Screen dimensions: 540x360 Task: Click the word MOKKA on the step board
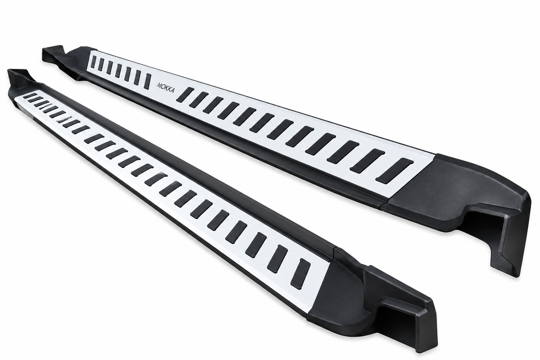coord(166,88)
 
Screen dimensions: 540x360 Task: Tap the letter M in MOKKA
coord(159,85)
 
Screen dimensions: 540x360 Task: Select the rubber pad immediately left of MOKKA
coord(148,81)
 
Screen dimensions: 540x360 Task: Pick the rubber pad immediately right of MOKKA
coord(185,94)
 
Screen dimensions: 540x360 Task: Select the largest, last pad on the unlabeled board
coord(301,274)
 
